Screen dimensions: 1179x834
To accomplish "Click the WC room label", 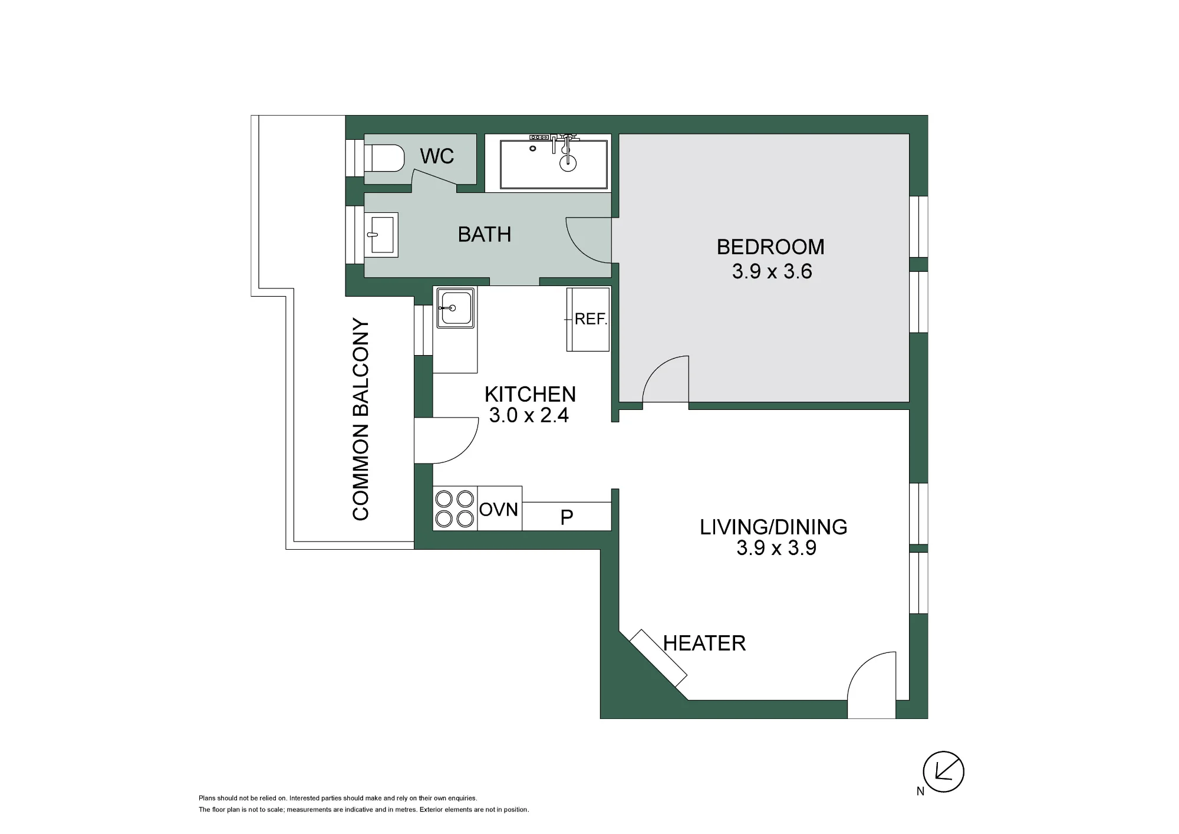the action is pyautogui.click(x=437, y=156).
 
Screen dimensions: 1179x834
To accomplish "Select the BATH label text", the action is pyautogui.click(x=485, y=235).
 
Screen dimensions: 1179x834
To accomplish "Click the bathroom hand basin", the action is pyautogui.click(x=381, y=235).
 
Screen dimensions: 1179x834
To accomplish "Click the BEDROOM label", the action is pyautogui.click(x=770, y=247).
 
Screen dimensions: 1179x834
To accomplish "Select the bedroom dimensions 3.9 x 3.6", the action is pyautogui.click(x=772, y=271).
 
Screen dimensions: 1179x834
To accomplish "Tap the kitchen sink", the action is pyautogui.click(x=455, y=308).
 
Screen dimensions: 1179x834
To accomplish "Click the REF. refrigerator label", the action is pyautogui.click(x=591, y=319).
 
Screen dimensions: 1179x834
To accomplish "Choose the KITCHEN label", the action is pyautogui.click(x=530, y=394).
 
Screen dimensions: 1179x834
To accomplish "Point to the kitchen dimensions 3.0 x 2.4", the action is pyautogui.click(x=529, y=415).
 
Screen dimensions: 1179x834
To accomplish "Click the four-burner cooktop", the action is pyautogui.click(x=455, y=508).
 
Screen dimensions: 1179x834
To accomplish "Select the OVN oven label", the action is pyautogui.click(x=499, y=509).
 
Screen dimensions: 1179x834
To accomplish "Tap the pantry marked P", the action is pyautogui.click(x=567, y=517).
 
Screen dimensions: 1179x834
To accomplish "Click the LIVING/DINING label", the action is pyautogui.click(x=773, y=527).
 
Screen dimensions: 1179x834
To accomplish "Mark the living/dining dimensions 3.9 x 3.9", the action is pyautogui.click(x=776, y=549).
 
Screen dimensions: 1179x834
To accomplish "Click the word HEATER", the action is pyautogui.click(x=704, y=643).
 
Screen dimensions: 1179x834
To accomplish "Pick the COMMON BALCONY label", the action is pyautogui.click(x=361, y=419).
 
